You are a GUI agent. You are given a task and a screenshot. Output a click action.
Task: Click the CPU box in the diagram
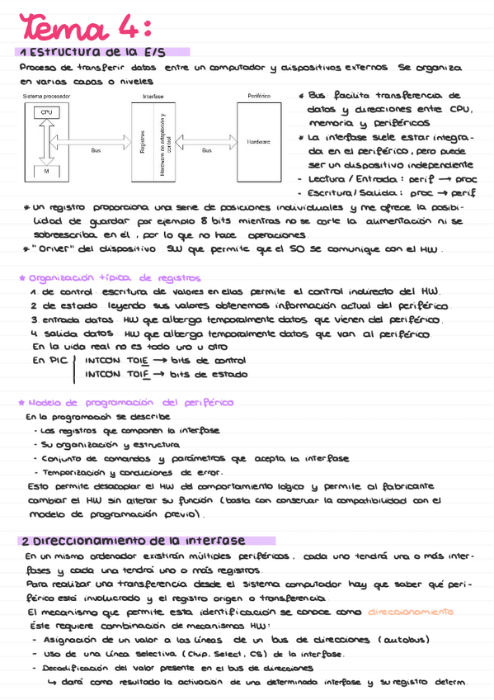pyautogui.click(x=46, y=114)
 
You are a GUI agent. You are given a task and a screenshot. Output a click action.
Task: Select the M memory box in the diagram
pyautogui.click(x=46, y=170)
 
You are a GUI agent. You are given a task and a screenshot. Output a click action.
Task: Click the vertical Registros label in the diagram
pyautogui.click(x=143, y=142)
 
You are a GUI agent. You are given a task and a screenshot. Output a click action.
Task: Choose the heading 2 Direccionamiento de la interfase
pyautogui.click(x=133, y=542)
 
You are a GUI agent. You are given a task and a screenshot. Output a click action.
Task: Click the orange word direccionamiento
pyautogui.click(x=410, y=612)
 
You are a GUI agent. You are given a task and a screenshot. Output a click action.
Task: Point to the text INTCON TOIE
pyautogui.click(x=116, y=362)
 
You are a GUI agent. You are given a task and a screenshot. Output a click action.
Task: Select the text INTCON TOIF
pyautogui.click(x=116, y=374)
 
